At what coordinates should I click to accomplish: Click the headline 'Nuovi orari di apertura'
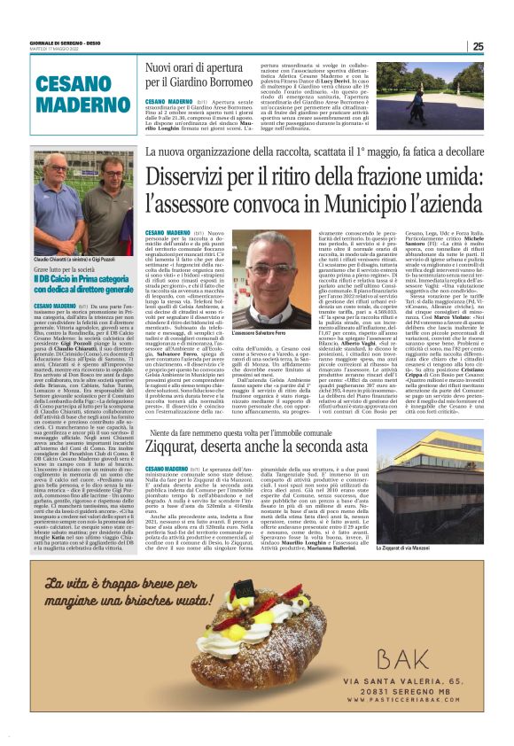[x=199, y=66]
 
